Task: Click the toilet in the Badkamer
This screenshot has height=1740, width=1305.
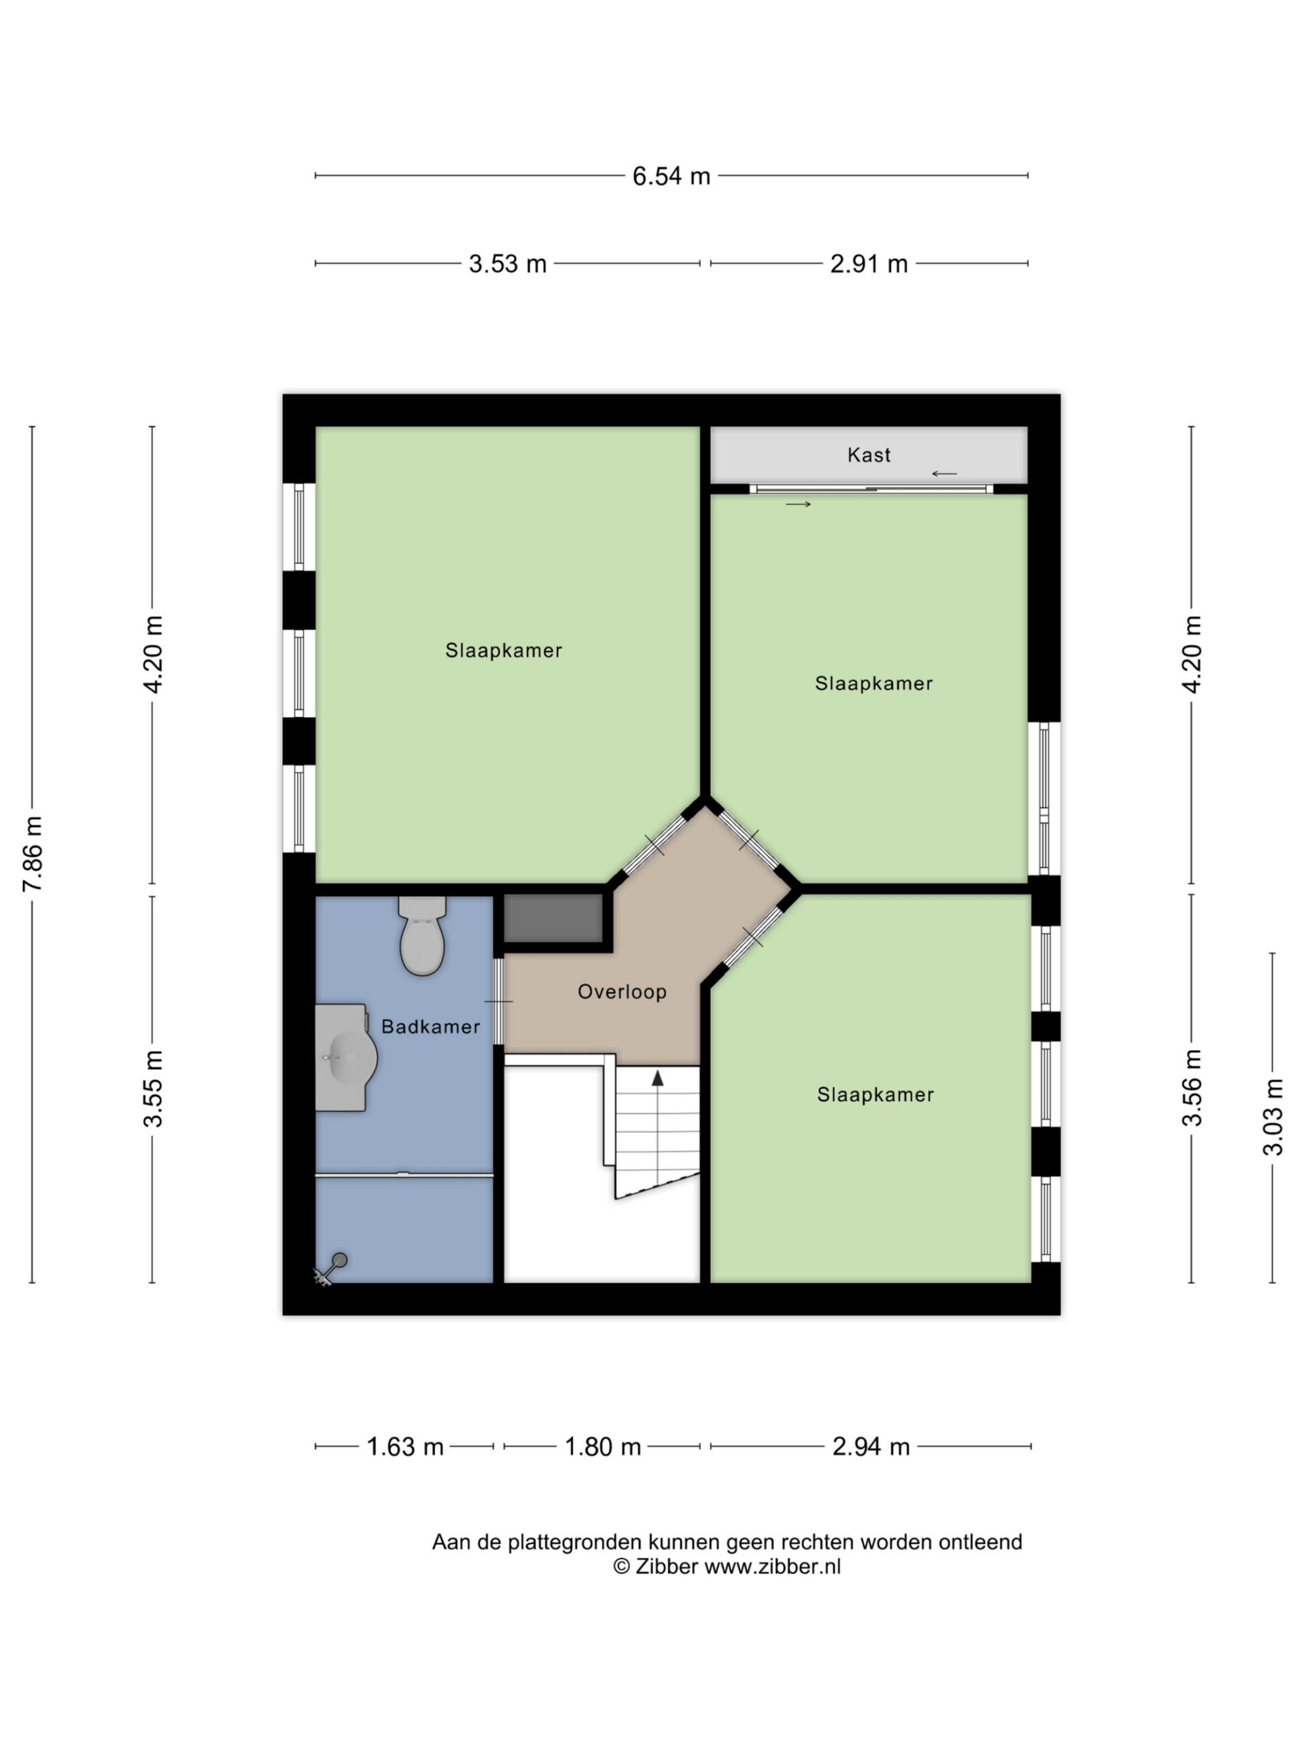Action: (x=422, y=935)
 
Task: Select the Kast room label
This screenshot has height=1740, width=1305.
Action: (x=869, y=455)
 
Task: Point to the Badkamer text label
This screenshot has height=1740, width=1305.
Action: (x=430, y=1026)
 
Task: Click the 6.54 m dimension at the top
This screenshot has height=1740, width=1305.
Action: (x=671, y=176)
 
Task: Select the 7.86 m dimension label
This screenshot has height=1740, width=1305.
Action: (x=32, y=854)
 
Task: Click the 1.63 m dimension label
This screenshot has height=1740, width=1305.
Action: (x=405, y=1446)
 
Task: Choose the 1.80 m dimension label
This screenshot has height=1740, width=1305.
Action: (x=603, y=1446)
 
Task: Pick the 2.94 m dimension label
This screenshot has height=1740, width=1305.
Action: (x=871, y=1446)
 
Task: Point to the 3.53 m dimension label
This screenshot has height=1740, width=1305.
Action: (x=507, y=264)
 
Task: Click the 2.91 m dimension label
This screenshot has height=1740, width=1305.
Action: (x=869, y=264)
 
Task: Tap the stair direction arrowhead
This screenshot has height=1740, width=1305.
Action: (x=658, y=1078)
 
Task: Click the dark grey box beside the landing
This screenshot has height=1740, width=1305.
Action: (x=553, y=918)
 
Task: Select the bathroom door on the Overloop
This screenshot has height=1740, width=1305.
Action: (x=499, y=1001)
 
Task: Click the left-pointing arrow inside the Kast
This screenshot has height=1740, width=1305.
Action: (x=944, y=474)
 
